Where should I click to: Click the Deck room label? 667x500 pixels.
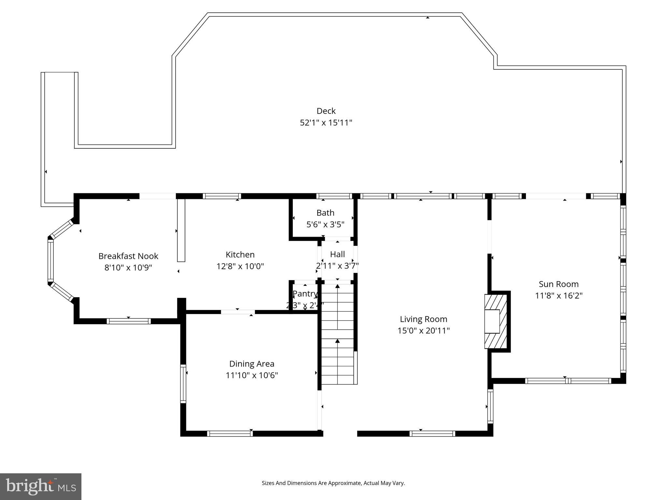(326, 111)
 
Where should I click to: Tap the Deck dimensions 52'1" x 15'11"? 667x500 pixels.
(326, 123)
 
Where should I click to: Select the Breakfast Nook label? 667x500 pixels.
(128, 256)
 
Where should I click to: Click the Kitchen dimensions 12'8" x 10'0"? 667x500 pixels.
(240, 266)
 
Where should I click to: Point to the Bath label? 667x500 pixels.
(325, 213)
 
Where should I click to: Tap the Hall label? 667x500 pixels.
(337, 254)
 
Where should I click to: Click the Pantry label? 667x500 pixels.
(305, 294)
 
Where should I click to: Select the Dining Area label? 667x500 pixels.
(252, 364)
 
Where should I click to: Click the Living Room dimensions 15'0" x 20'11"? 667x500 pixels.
(423, 331)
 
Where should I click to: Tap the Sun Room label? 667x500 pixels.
(559, 284)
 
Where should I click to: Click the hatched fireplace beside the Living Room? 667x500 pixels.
(496, 321)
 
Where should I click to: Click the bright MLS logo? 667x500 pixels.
(41, 486)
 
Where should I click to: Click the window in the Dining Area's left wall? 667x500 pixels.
(183, 383)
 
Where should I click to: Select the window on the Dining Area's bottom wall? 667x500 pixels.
(230, 433)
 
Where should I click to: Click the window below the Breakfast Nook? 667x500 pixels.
(129, 321)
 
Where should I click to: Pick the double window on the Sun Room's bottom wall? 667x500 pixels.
(568, 381)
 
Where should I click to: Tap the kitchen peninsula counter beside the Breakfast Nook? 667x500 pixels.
(181, 230)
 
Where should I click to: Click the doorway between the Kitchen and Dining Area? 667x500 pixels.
(238, 312)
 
